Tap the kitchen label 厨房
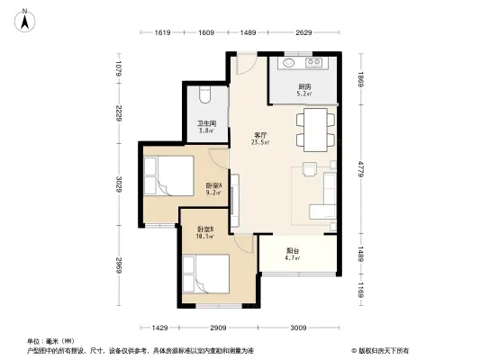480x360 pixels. [x=304, y=86]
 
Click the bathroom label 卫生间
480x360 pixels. [x=206, y=124]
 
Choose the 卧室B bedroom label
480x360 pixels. [x=205, y=229]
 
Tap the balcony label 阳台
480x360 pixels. [x=293, y=251]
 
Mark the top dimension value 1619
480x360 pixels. [x=163, y=33]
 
